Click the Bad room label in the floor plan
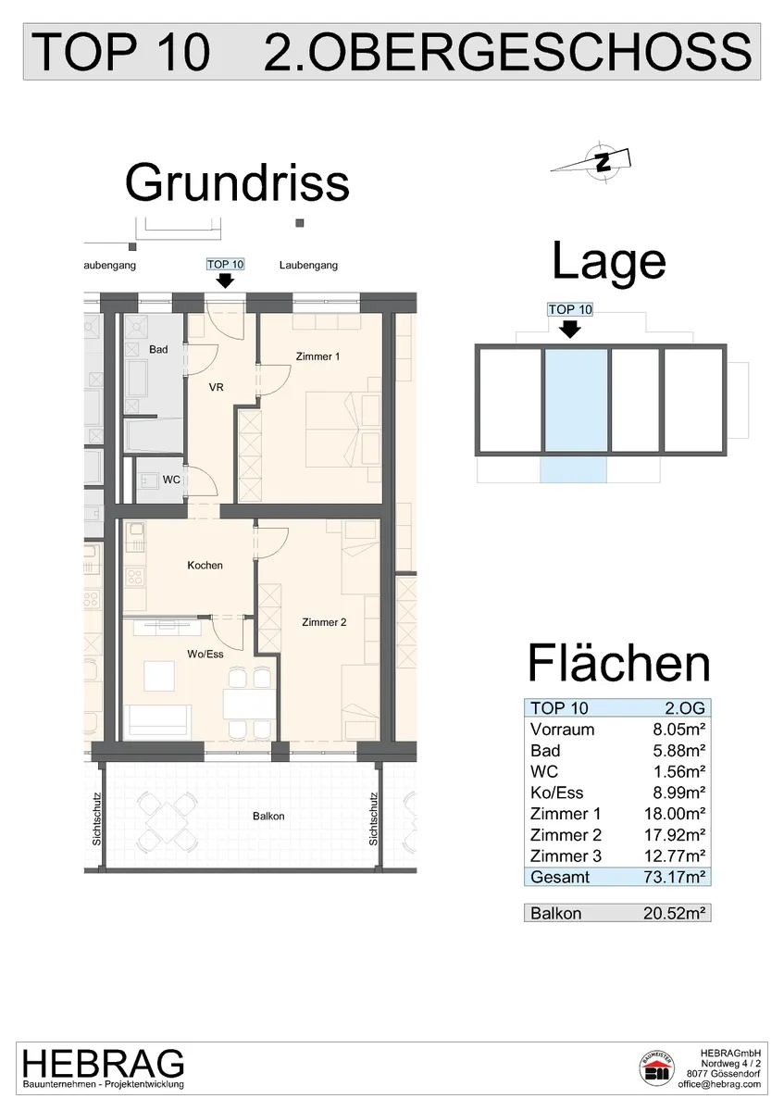coord(158,349)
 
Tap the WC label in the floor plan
coord(171,480)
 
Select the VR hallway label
coord(217,387)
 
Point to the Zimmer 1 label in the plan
coord(317,356)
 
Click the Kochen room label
coord(205,565)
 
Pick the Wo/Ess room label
coord(205,654)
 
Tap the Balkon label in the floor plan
coord(268,816)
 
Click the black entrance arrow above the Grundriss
coord(226,281)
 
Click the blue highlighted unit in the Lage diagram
coord(576,400)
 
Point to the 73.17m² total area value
coord(675,877)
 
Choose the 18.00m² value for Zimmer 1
coord(675,814)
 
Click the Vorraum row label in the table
coord(562,730)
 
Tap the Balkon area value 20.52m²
coord(675,913)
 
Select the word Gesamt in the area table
coord(560,877)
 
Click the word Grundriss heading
coord(237,183)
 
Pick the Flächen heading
coord(619,663)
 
